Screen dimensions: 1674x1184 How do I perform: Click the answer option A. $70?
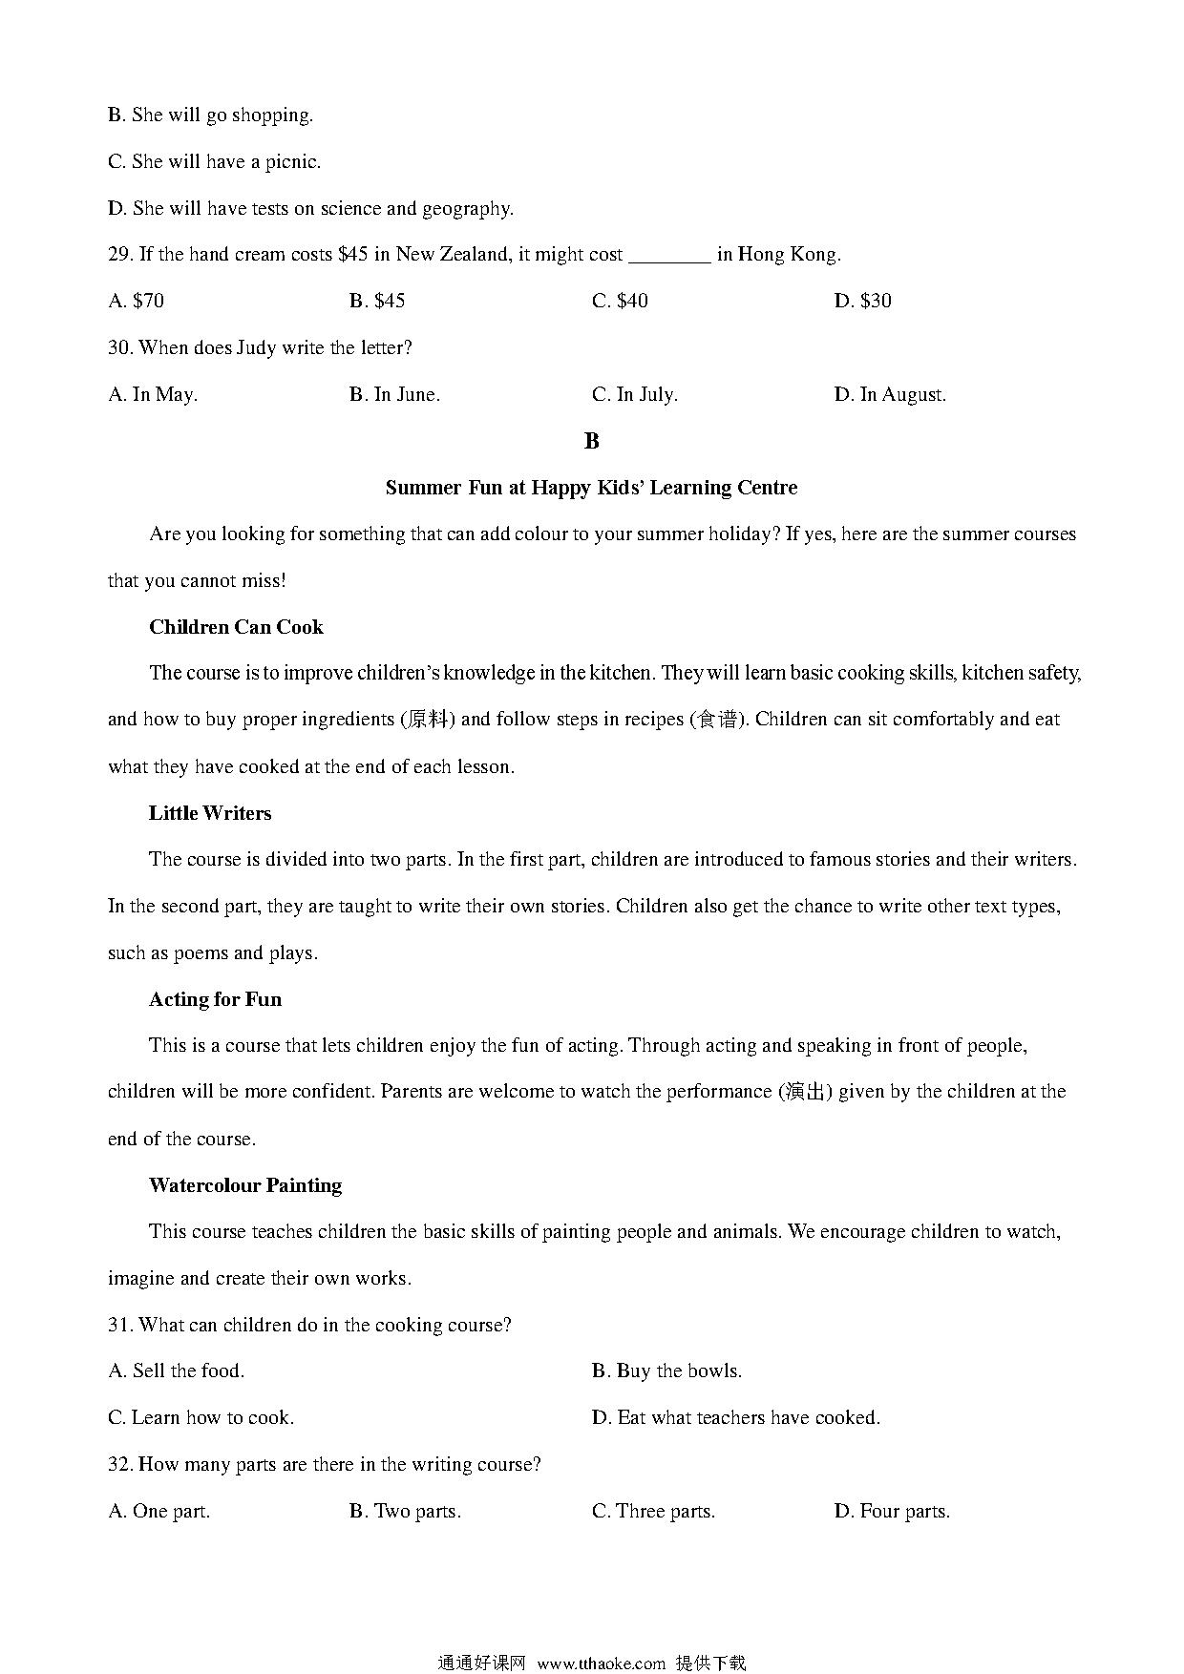136,302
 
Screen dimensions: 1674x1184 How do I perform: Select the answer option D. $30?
862,302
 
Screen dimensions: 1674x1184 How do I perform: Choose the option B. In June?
394,395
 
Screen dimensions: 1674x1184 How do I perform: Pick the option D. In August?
890,395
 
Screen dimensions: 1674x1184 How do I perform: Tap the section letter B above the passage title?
591,441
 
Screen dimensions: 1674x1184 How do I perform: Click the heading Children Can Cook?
236,627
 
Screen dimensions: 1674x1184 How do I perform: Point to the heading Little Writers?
210,813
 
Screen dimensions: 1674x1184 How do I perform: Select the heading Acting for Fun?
215,999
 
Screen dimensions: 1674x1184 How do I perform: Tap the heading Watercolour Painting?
245,1185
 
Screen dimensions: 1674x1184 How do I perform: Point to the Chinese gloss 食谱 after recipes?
717,720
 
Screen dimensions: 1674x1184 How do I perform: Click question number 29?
119,255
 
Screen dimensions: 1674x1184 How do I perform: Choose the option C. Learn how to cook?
201,1418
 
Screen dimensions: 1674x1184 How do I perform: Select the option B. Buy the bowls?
666,1371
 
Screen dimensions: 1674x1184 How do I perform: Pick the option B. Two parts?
405,1512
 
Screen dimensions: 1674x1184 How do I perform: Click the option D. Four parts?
892,1512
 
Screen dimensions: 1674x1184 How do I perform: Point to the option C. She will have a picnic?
214,162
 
